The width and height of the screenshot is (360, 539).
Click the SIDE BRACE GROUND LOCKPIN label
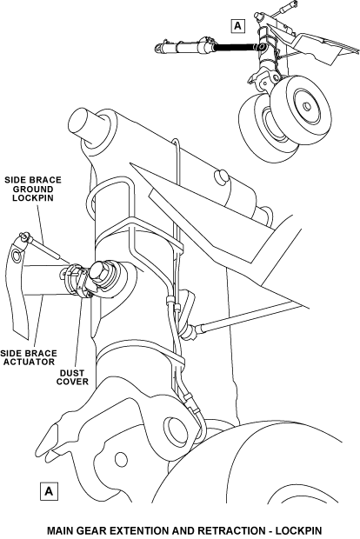[33, 189]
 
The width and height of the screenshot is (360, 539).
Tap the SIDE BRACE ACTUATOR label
[29, 357]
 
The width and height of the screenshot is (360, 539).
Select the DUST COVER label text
[72, 377]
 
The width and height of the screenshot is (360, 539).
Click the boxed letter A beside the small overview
[238, 26]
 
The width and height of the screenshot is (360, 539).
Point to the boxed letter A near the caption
[49, 491]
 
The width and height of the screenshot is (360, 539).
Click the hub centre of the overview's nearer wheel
[307, 106]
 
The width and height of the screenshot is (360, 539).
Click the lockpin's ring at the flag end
[24, 236]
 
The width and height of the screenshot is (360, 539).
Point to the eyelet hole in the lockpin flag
[17, 256]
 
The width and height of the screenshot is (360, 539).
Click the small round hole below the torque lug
[121, 460]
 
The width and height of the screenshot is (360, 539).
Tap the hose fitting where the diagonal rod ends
[191, 332]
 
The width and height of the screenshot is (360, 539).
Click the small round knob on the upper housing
[221, 177]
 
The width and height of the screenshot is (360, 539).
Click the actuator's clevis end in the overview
[158, 49]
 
